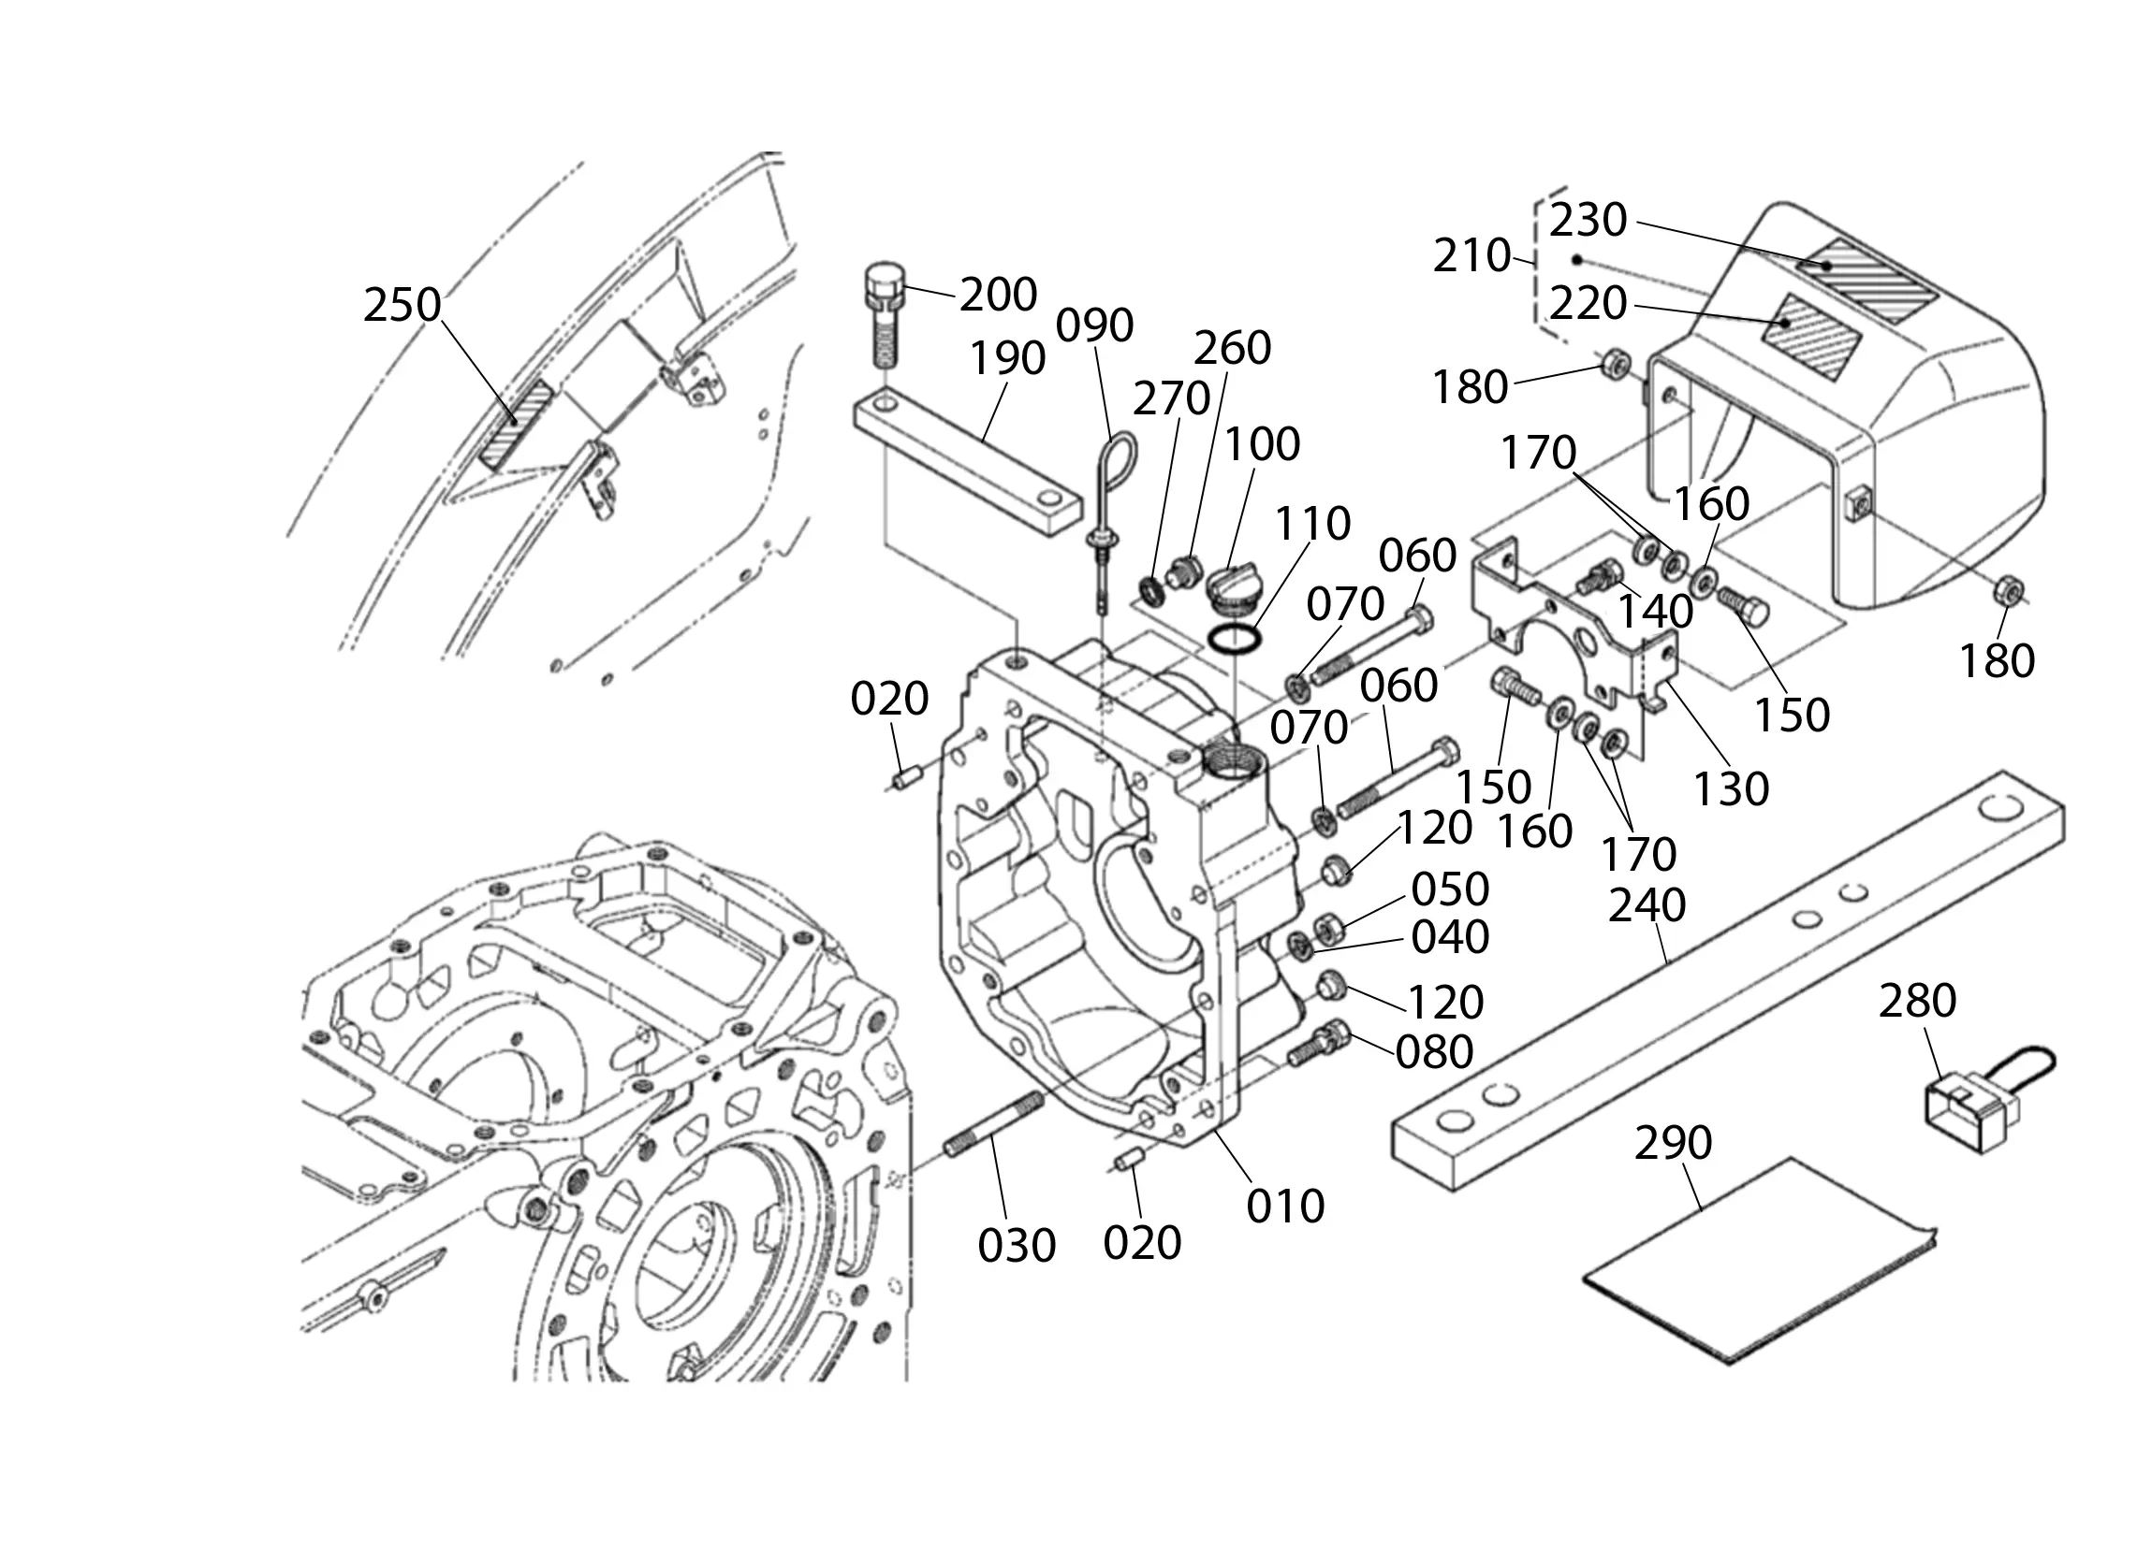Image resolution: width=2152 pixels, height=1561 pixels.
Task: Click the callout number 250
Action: tap(403, 305)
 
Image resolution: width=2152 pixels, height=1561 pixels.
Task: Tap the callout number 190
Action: tap(1007, 358)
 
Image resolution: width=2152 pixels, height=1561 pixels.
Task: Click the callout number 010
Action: tap(1285, 1207)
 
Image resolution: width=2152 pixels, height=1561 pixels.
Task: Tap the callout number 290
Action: tap(1673, 1143)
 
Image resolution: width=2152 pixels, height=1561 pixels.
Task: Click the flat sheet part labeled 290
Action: tap(1755, 1262)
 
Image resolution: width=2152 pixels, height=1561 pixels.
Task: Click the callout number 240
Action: tap(1647, 905)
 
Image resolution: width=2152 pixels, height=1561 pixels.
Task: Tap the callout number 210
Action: tap(1471, 256)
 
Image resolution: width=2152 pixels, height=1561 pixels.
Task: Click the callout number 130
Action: tap(1732, 789)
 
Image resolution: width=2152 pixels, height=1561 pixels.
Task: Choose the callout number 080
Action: tap(1434, 1050)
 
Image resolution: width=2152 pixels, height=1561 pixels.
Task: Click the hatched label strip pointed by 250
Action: tap(516, 424)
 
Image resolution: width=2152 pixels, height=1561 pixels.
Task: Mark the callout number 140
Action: tap(1656, 612)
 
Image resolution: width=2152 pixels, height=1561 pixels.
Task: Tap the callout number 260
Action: tap(1232, 348)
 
